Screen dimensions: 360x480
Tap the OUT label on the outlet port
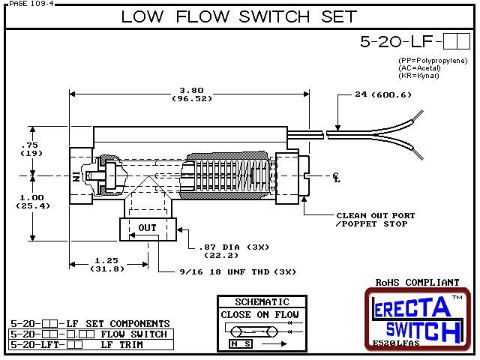(x=148, y=227)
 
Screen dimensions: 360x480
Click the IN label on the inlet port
(x=75, y=177)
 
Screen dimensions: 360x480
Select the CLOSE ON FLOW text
(x=259, y=314)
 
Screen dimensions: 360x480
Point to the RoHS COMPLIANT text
(x=417, y=282)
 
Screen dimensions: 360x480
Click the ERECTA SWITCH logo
(x=418, y=319)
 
